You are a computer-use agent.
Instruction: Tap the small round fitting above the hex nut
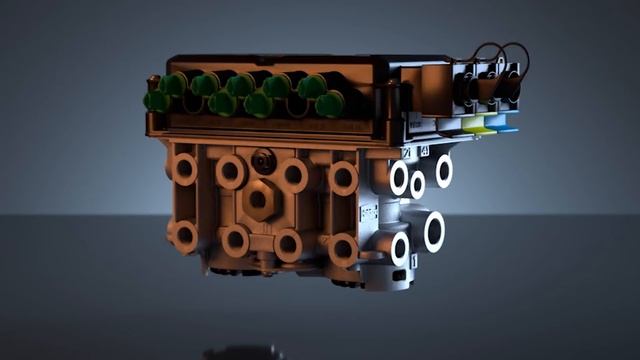264,160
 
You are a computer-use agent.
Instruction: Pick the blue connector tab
505,127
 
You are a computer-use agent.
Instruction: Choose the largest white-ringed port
433,231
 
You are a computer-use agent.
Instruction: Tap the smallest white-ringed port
417,184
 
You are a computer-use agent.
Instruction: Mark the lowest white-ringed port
400,248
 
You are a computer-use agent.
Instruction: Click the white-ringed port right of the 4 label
442,170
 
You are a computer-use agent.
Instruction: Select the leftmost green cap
156,100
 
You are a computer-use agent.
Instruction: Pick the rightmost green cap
330,102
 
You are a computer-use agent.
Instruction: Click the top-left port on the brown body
183,168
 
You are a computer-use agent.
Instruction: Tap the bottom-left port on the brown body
183,236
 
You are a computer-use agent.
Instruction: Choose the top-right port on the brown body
343,179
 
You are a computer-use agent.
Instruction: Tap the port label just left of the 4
407,152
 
